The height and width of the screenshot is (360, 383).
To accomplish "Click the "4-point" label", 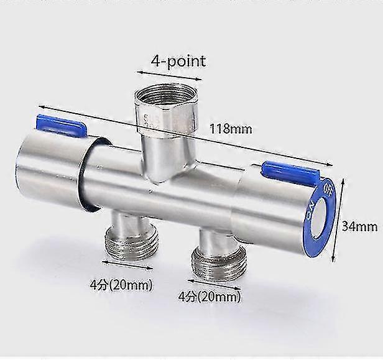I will click(178, 62).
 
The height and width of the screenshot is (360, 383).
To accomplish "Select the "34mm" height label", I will click(359, 227).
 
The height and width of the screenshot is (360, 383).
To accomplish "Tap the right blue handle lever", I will click(290, 172).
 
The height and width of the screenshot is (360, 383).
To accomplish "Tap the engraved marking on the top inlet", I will click(147, 121).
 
